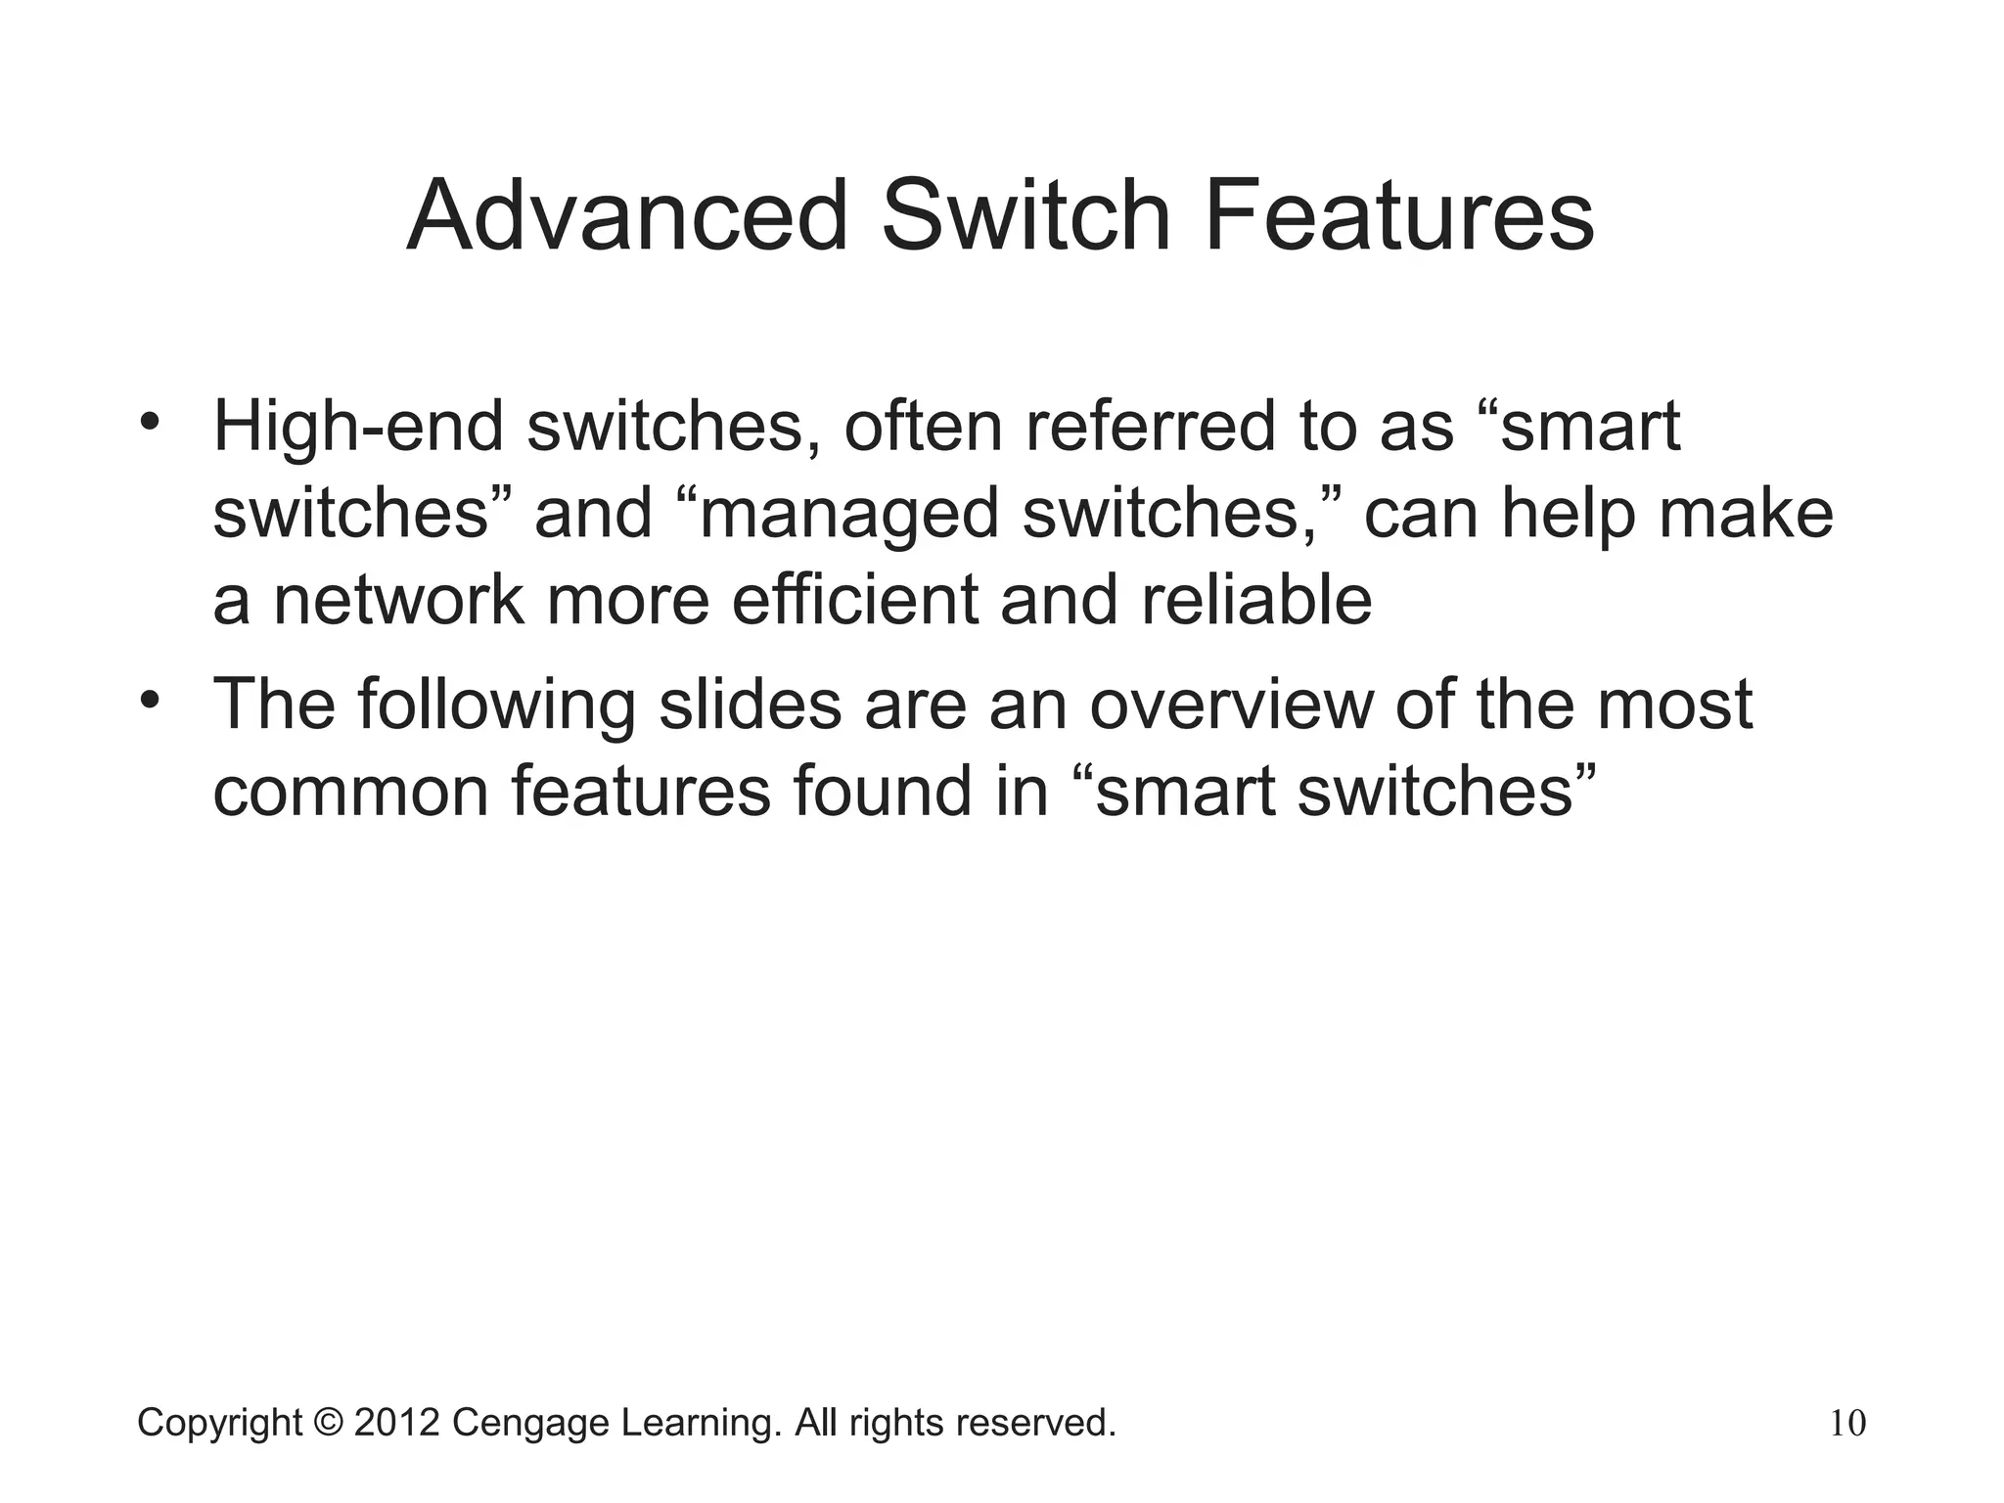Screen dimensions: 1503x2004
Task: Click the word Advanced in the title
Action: (x=626, y=216)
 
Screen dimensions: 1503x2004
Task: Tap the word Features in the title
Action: (x=1398, y=216)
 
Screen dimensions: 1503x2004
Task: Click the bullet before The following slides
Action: (x=149, y=701)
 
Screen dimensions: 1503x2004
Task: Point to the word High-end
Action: (x=358, y=428)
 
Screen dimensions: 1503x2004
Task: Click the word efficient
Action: (x=854, y=600)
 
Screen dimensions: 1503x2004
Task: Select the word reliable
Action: (x=1256, y=600)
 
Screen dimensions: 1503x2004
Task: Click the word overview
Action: (x=1231, y=704)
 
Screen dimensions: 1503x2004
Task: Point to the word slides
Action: (x=750, y=704)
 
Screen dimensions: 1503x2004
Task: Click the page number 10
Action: (x=1847, y=1424)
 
